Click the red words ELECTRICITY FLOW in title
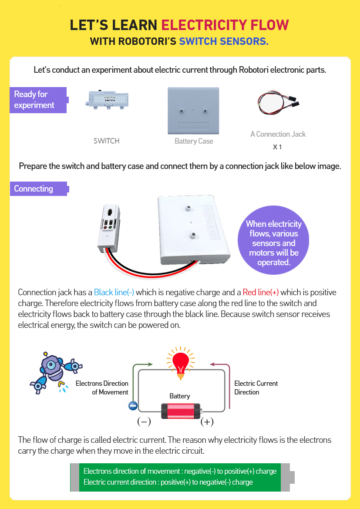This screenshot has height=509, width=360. point(225,25)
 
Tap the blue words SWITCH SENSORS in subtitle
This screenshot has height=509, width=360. point(224,41)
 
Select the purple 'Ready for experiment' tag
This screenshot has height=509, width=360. point(38,100)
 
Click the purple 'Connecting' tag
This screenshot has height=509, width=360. point(38,189)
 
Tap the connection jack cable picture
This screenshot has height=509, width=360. point(278,103)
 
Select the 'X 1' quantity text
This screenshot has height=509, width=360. point(277,147)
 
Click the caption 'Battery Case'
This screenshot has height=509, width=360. point(194,141)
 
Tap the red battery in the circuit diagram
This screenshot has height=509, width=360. point(181,411)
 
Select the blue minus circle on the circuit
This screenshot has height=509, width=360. point(133,406)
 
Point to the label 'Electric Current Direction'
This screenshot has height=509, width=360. point(256,388)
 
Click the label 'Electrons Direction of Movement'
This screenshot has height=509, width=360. point(102,388)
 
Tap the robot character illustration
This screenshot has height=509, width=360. point(54,370)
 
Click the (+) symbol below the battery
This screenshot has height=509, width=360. point(207,421)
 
